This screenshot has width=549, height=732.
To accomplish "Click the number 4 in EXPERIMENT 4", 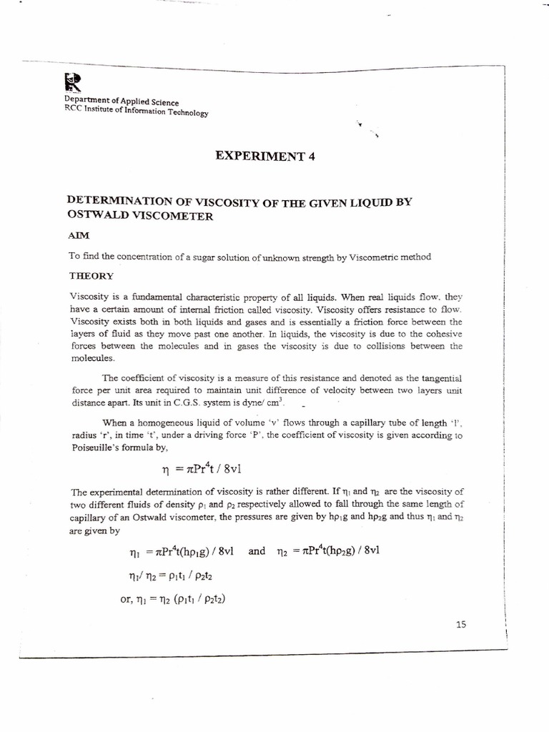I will [x=311, y=158].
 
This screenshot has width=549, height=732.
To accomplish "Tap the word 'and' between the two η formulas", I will [x=257, y=552].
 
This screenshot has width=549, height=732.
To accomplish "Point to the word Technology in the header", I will [x=183, y=112].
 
